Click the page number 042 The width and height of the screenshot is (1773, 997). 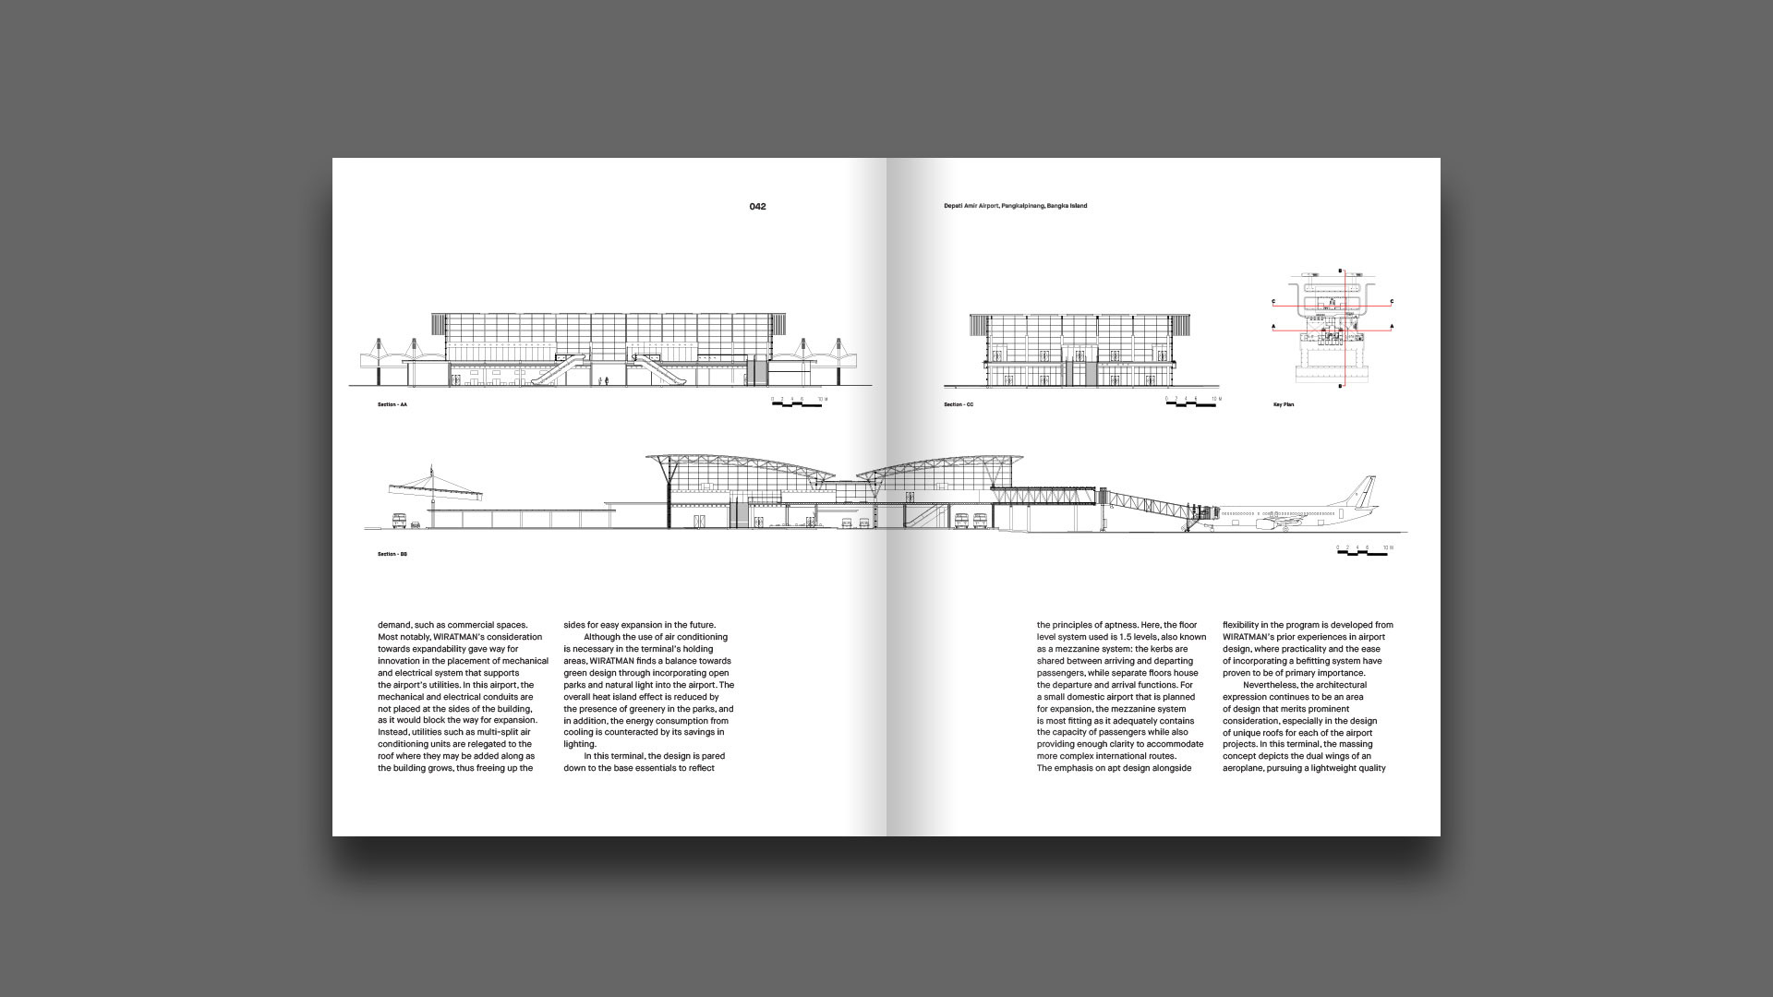point(757,207)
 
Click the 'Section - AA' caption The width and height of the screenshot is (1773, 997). point(392,405)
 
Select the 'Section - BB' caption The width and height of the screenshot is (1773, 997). point(392,554)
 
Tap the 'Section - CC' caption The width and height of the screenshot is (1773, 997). point(959,405)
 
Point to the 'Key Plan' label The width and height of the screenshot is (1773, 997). point(1284,405)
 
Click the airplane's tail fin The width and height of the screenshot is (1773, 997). point(1365,489)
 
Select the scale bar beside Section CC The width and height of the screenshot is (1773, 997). point(1192,402)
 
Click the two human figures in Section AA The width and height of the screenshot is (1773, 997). point(602,380)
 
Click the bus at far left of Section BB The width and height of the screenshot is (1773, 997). point(400,521)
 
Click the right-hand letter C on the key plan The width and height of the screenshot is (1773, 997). point(1392,302)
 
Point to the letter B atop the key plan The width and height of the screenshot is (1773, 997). point(1341,271)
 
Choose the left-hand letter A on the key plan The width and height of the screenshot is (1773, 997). point(1274,327)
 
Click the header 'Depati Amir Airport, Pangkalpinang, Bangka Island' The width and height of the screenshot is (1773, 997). point(1015,206)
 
